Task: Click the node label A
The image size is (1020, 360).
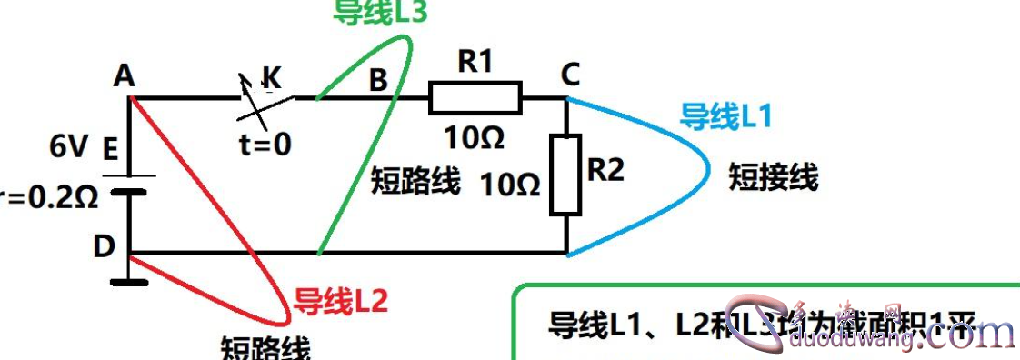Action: tap(125, 78)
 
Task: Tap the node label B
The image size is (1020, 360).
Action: tap(377, 80)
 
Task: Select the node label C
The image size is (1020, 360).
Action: tap(570, 76)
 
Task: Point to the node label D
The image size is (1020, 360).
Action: tap(105, 245)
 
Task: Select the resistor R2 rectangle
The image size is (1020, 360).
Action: tap(565, 175)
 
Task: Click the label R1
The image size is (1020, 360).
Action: tap(475, 62)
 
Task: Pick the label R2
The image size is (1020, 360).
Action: tap(606, 169)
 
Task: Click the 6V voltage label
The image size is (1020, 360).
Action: tap(70, 146)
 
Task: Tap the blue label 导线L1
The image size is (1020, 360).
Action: tap(726, 115)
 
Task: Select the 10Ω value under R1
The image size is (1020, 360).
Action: tap(475, 138)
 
